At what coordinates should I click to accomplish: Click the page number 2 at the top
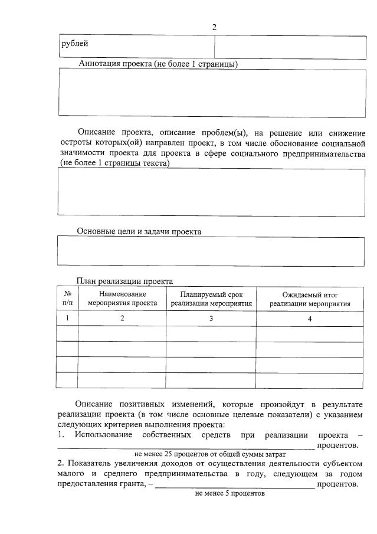(x=214, y=27)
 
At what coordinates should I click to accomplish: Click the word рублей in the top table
(x=75, y=44)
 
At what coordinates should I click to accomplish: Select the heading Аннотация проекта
(x=158, y=64)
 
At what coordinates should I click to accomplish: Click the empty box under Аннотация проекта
(x=211, y=93)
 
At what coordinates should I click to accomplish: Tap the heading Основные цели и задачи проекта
(x=139, y=232)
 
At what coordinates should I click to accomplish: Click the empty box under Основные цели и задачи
(x=211, y=252)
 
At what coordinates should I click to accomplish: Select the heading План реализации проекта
(x=124, y=281)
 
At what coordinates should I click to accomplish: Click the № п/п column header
(x=67, y=299)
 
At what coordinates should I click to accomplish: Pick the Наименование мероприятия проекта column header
(x=122, y=299)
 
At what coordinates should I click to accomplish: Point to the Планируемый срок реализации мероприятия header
(x=211, y=299)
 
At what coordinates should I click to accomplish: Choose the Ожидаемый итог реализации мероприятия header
(x=310, y=299)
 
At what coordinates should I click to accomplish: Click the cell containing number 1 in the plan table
(x=67, y=318)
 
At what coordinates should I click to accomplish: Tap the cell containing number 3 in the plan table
(x=211, y=319)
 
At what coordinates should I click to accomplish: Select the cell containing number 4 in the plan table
(x=310, y=319)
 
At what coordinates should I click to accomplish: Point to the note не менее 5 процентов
(x=230, y=493)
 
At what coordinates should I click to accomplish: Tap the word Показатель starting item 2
(x=88, y=464)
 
